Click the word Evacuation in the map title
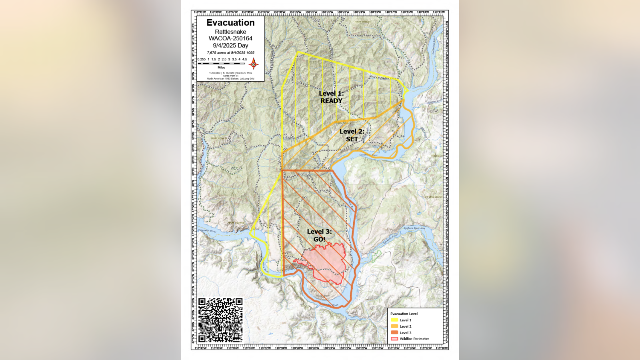[x=230, y=23]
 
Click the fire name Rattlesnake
[x=230, y=32]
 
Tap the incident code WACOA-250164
[x=230, y=38]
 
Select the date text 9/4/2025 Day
[x=230, y=46]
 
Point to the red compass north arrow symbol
[x=253, y=64]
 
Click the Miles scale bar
[x=221, y=63]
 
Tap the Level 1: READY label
[x=331, y=97]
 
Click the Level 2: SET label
[x=352, y=135]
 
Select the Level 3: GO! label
[x=319, y=235]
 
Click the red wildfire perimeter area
[x=326, y=262]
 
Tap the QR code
[x=220, y=320]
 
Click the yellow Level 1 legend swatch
[x=394, y=320]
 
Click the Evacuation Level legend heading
[x=404, y=314]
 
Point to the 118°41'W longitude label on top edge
[x=200, y=12]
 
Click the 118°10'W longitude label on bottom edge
[x=442, y=348]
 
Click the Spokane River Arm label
[x=414, y=228]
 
